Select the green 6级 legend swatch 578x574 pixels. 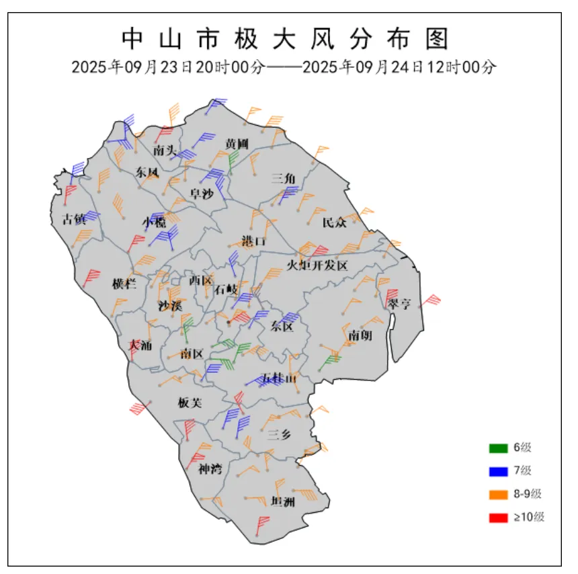pyautogui.click(x=498, y=448)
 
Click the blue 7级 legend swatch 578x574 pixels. pyautogui.click(x=498, y=471)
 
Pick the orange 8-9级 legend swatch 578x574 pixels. pyautogui.click(x=498, y=495)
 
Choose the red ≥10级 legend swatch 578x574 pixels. pyautogui.click(x=498, y=518)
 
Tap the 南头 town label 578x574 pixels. pyautogui.click(x=165, y=150)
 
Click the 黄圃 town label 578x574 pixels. pyautogui.click(x=237, y=144)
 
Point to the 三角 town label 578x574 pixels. pyautogui.click(x=283, y=178)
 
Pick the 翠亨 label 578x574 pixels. pyautogui.click(x=399, y=304)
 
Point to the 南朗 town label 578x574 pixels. pyautogui.click(x=360, y=335)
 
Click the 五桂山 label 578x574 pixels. pyautogui.click(x=279, y=379)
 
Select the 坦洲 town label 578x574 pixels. pyautogui.click(x=283, y=501)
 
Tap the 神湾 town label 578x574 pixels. pyautogui.click(x=209, y=468)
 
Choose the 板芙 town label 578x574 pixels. pyautogui.click(x=190, y=403)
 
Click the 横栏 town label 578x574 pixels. pyautogui.click(x=124, y=284)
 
